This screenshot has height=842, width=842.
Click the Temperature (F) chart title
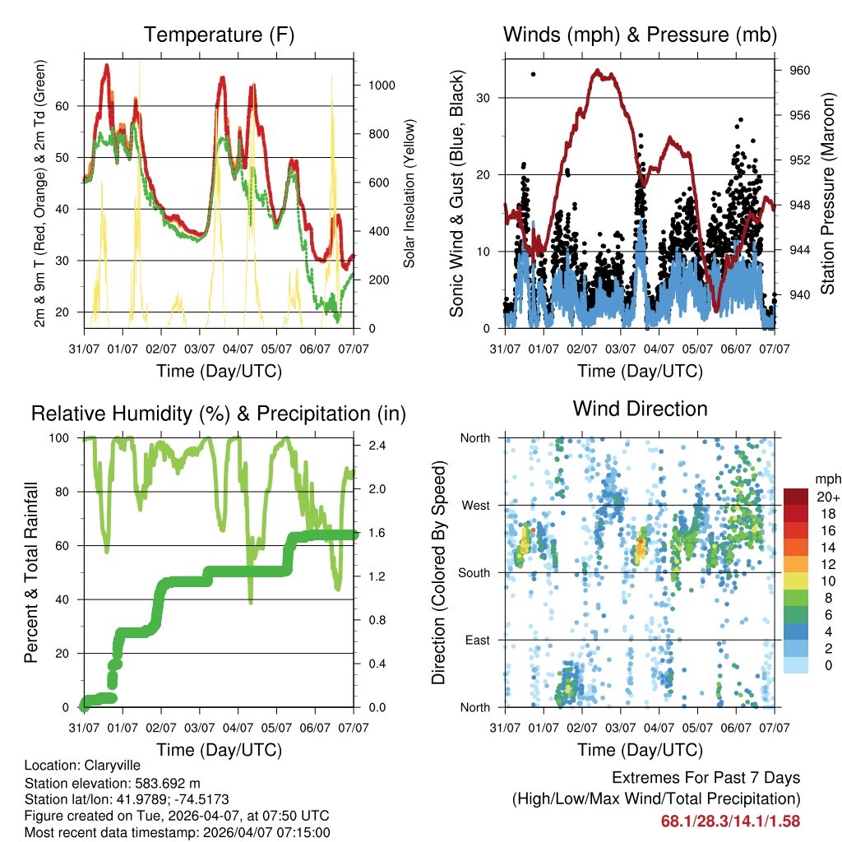[219, 35]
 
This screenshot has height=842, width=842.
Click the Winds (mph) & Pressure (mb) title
[640, 35]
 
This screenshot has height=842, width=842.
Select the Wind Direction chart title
[640, 409]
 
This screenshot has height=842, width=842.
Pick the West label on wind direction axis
[477, 505]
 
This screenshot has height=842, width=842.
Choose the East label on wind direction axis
[479, 640]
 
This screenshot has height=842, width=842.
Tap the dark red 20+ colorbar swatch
[795, 497]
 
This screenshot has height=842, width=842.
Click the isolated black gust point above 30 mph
[533, 74]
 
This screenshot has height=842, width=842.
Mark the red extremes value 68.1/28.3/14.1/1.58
[730, 821]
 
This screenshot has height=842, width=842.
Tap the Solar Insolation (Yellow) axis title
[409, 193]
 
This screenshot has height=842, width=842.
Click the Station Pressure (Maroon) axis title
[827, 193]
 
